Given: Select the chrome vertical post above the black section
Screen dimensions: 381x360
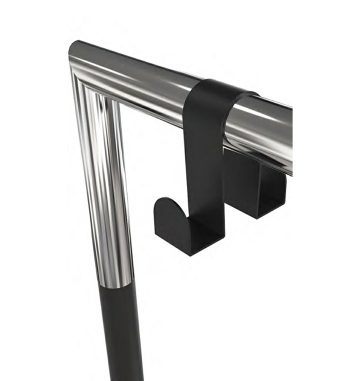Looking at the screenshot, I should (104, 189).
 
